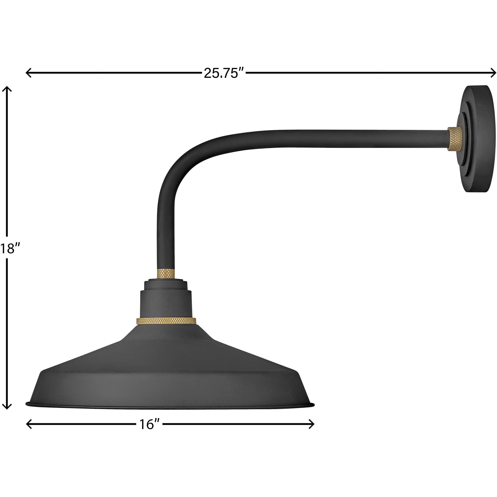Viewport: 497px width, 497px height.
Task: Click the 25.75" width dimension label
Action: (x=224, y=73)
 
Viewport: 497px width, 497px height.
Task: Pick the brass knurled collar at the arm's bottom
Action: (x=166, y=273)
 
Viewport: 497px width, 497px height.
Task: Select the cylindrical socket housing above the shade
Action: (x=166, y=304)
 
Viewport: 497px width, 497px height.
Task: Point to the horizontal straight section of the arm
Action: (x=334, y=139)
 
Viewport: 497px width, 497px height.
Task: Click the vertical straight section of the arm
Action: (x=166, y=232)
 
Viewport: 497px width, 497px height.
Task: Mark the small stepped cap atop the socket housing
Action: (x=166, y=285)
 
